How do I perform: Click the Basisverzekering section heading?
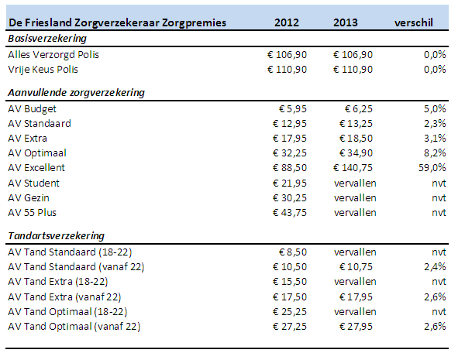[46, 39]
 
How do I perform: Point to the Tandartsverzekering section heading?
[56, 235]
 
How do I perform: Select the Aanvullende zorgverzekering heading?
[77, 93]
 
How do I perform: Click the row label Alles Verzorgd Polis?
[53, 55]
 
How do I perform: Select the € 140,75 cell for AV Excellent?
[353, 168]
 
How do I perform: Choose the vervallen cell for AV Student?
[355, 183]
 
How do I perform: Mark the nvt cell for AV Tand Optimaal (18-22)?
[439, 311]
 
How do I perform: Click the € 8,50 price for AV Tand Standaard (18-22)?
[295, 252]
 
